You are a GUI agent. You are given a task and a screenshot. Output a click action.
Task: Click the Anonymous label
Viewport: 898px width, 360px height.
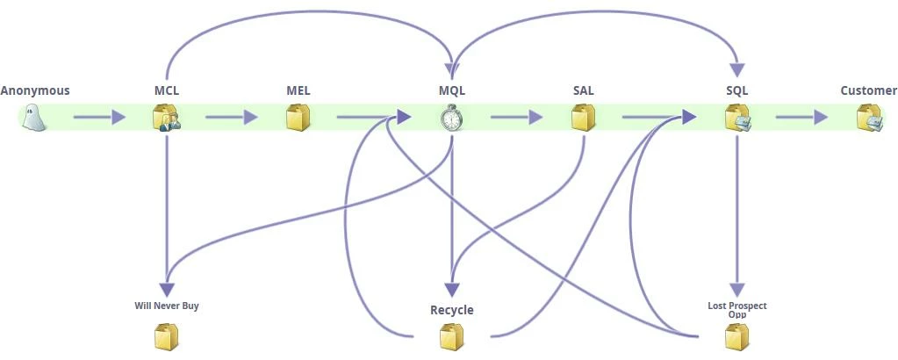point(35,90)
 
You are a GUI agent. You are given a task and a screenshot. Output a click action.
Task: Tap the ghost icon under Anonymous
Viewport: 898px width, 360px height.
point(33,118)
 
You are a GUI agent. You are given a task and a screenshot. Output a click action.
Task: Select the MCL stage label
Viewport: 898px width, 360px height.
point(166,90)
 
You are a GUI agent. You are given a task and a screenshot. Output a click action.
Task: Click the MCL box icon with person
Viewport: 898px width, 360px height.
point(166,118)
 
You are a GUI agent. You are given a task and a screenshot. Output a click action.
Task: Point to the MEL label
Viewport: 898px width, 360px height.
point(298,90)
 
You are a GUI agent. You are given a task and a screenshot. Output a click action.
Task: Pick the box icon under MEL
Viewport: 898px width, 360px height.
point(298,118)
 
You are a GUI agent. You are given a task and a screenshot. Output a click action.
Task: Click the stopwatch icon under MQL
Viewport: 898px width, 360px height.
point(451,118)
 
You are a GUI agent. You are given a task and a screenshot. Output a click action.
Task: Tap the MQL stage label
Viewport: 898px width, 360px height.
point(451,90)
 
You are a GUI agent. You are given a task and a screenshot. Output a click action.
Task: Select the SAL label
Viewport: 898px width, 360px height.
point(583,90)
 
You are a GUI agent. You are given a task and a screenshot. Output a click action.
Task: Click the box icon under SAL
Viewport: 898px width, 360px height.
point(583,118)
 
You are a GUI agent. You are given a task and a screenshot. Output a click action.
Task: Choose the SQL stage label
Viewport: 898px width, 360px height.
point(736,90)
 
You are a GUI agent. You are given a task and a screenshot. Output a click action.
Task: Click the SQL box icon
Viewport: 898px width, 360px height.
point(736,118)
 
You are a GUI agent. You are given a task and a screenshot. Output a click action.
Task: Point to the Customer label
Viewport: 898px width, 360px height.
point(868,90)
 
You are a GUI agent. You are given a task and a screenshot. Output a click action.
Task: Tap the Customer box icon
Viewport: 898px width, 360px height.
point(869,118)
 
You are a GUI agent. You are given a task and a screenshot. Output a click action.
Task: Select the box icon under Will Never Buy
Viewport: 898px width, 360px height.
point(166,337)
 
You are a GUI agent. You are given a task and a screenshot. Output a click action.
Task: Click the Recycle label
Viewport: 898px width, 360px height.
point(451,310)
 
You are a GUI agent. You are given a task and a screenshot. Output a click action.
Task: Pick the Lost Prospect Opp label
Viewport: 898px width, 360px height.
point(736,309)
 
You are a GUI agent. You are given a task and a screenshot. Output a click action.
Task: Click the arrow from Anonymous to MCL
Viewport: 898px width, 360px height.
point(99,117)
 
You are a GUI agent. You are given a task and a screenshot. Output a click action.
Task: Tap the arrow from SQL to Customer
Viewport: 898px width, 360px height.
point(801,117)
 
